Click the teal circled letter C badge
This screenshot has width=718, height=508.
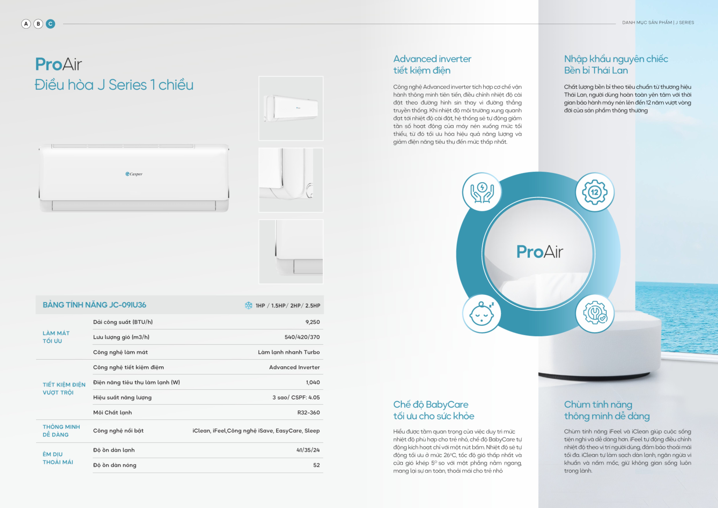tap(50, 24)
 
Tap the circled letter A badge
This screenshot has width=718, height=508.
tap(26, 24)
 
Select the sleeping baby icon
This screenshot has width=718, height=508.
tap(482, 314)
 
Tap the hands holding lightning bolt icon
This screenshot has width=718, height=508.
tap(482, 192)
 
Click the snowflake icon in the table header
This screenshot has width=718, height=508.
tap(249, 305)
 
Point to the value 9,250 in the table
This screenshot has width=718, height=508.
tap(312, 322)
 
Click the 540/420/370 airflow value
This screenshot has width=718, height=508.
tap(302, 337)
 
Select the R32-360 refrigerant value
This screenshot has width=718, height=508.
tap(308, 412)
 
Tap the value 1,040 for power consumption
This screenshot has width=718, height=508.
tap(313, 382)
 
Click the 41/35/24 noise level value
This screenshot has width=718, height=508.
tap(308, 450)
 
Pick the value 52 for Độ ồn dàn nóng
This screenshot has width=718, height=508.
tap(316, 465)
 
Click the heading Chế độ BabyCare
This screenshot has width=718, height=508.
tap(431, 404)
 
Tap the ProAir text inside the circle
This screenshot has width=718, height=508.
tap(539, 252)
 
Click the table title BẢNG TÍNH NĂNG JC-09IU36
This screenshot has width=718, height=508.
tap(94, 305)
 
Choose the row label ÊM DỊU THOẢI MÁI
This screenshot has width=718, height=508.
tap(58, 458)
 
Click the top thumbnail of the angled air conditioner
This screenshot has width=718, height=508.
tap(291, 108)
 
